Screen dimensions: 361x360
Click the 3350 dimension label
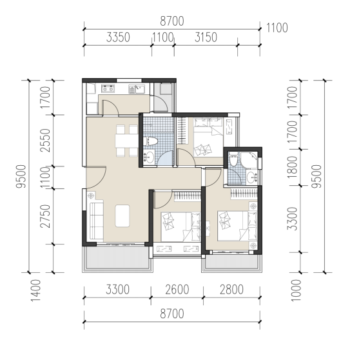pos(118,37)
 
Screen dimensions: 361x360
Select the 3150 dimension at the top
pos(206,37)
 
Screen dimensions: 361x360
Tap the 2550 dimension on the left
pos(45,141)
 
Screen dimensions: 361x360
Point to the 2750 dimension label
pos(45,216)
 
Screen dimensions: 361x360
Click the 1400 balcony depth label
pos(36,290)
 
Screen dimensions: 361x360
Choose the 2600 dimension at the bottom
pos(177,290)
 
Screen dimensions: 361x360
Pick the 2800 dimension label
pos(231,290)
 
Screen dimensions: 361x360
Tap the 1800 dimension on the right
pos(292,167)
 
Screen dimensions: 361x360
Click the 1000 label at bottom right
pos(296,290)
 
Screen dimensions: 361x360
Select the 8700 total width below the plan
pos(172,314)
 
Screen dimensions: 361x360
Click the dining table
pos(126,141)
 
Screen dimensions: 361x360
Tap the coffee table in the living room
pos(122,216)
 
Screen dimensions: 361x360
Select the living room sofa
pos(97,221)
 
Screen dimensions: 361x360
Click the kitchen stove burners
pos(108,88)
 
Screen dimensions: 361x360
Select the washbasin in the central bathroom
pos(149,157)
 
